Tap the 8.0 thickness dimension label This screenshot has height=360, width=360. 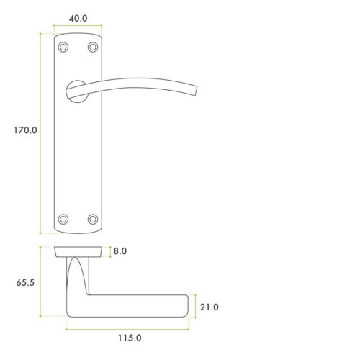[x=120, y=252]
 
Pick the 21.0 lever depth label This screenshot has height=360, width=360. [x=210, y=307]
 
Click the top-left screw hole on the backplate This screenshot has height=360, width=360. [x=63, y=47]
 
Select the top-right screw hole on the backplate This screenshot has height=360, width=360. [x=92, y=47]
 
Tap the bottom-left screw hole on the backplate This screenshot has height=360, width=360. [x=63, y=218]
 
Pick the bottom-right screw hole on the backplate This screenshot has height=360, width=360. [x=92, y=218]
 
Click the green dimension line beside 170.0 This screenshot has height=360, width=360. [x=41, y=132]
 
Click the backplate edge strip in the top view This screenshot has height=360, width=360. [x=78, y=251]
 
